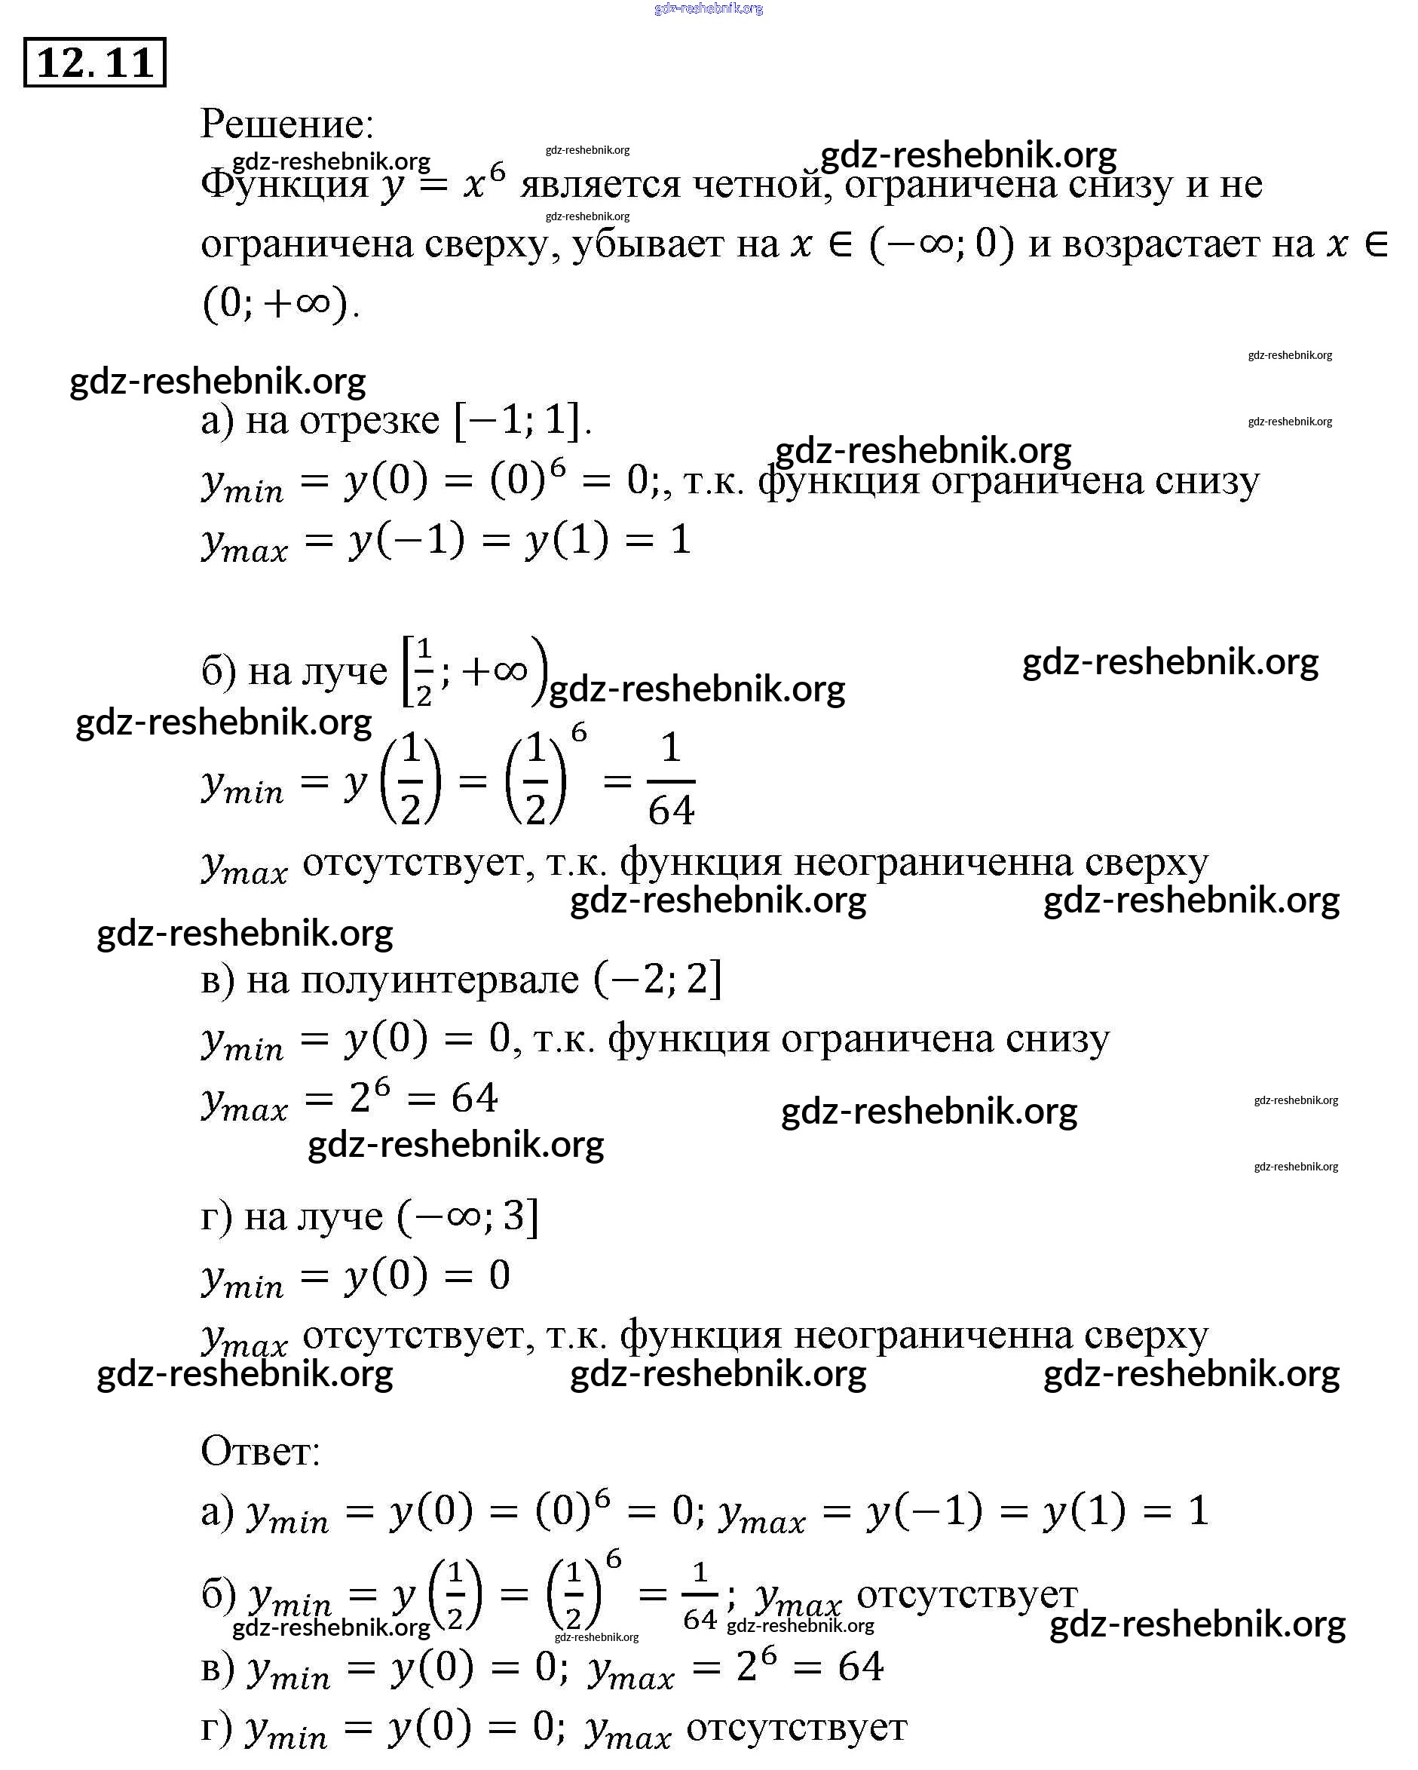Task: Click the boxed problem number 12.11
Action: point(94,63)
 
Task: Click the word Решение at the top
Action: point(286,124)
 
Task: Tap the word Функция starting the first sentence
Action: point(284,183)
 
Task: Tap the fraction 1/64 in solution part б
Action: point(670,779)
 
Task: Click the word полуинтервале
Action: point(439,980)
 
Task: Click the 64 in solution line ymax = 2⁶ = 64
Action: point(474,1099)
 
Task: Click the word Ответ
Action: point(260,1452)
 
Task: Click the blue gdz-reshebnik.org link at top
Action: point(709,8)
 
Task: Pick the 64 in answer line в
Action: point(860,1667)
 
